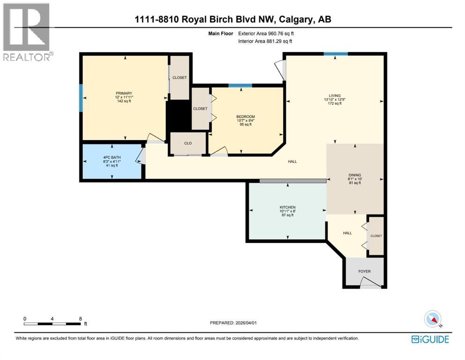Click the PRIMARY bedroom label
pyautogui.click(x=124, y=93)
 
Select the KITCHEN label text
pyautogui.click(x=288, y=207)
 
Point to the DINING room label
pyautogui.click(x=355, y=175)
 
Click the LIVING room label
pyautogui.click(x=334, y=95)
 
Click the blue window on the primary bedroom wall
pyautogui.click(x=81, y=97)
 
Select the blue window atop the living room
pyautogui.click(x=336, y=54)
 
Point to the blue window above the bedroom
pyautogui.click(x=240, y=85)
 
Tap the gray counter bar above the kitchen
pyautogui.click(x=293, y=181)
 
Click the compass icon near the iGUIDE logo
pyautogui.click(x=433, y=319)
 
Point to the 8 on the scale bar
pyautogui.click(x=81, y=318)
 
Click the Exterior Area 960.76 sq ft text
pyautogui.click(x=266, y=33)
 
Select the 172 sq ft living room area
pyautogui.click(x=334, y=104)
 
